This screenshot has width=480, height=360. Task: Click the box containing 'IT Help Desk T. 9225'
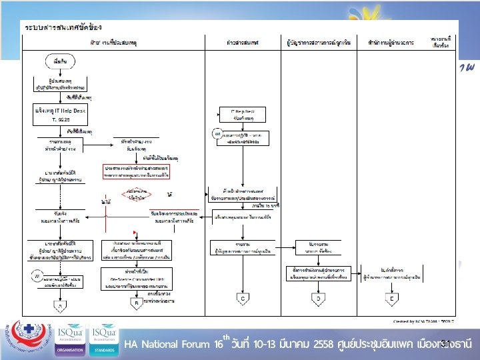pyautogui.click(x=59, y=113)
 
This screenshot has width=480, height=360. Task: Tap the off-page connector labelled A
pyautogui.click(x=59, y=306)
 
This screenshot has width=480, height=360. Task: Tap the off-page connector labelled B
pyautogui.click(x=137, y=303)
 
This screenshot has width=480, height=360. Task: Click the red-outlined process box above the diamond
pyautogui.click(x=137, y=172)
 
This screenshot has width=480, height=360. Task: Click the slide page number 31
pyautogui.click(x=445, y=343)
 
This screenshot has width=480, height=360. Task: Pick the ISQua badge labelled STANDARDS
pyautogui.click(x=104, y=340)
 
